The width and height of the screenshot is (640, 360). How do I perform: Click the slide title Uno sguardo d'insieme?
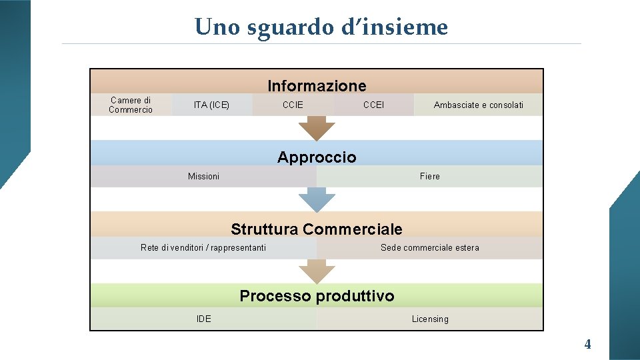point(321,27)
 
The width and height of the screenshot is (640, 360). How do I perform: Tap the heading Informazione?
point(317,85)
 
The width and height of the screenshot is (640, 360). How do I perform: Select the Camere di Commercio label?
point(131,105)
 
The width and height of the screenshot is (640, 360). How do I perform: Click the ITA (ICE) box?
point(211,105)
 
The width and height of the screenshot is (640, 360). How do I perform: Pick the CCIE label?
point(293,105)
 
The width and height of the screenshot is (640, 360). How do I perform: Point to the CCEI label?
point(373,105)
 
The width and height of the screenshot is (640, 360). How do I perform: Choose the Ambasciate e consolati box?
point(478,105)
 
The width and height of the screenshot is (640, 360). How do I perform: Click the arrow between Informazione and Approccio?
point(317,127)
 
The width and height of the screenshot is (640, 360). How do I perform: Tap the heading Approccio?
point(317,157)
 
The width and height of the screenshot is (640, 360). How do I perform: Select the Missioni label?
point(203,176)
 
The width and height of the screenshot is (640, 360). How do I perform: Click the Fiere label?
point(429,176)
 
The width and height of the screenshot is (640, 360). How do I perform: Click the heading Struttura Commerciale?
point(317,229)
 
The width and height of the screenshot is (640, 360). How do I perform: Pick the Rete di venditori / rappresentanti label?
point(203,247)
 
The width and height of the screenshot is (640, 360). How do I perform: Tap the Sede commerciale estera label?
point(429,247)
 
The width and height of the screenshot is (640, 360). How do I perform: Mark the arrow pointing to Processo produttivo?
point(317,271)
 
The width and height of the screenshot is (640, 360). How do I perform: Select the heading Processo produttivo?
point(317,295)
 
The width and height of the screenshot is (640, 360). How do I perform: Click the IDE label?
point(203,319)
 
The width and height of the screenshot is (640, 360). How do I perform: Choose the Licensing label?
point(429,319)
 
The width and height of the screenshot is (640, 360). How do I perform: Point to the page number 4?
point(587,345)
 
